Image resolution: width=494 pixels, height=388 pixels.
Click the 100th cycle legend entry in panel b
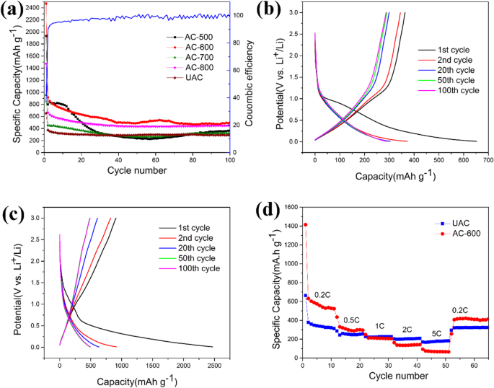[449, 90]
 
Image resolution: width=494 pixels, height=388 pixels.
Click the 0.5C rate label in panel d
[351, 319]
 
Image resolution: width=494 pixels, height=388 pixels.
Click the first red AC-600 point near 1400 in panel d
[305, 224]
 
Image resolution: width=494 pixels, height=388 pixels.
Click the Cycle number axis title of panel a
[137, 170]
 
